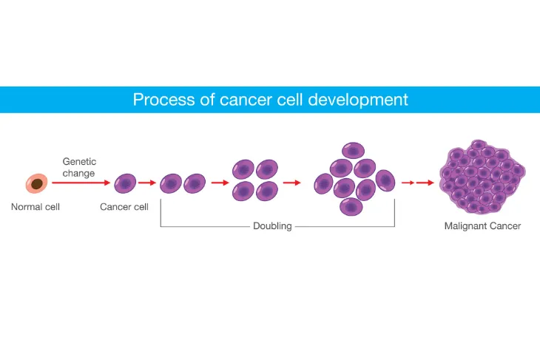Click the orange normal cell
pos(36,183)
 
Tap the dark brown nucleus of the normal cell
pos(37,184)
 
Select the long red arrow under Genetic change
pos(81,183)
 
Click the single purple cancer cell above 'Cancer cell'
pos(125,183)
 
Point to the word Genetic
pos(79,161)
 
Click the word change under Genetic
pos(78,173)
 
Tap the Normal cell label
pos(35,207)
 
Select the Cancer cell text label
pos(124,207)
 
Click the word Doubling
pos(272,226)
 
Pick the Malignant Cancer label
pos(482,225)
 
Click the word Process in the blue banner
pos(164,100)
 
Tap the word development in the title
pos(358,100)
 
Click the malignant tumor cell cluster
pos(482,177)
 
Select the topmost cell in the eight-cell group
pos(353,151)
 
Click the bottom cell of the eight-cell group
pos(351,206)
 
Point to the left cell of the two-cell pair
pos(171,183)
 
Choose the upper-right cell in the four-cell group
pos(267,169)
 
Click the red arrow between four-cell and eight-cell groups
pos(291,183)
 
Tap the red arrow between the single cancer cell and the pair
pos(147,183)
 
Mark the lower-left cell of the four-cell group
pos(243,191)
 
